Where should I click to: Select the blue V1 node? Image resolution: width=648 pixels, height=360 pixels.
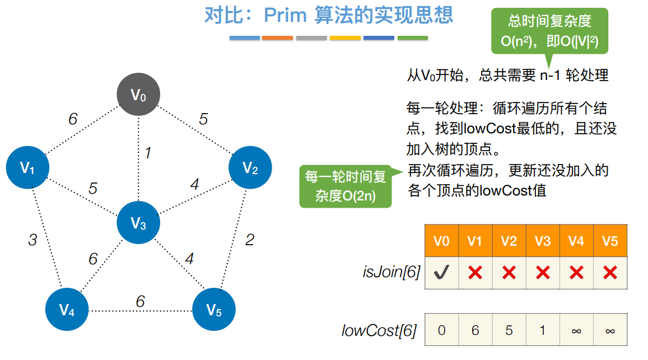(27, 167)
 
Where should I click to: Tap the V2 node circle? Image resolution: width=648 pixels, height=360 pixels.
(250, 167)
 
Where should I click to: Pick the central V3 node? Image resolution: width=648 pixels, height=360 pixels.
(138, 224)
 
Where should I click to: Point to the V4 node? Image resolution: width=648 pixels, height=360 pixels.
(67, 310)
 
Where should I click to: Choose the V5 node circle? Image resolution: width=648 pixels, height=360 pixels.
(214, 310)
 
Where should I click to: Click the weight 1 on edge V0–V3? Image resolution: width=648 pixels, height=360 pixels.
(147, 153)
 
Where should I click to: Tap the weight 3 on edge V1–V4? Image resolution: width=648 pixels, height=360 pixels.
(32, 240)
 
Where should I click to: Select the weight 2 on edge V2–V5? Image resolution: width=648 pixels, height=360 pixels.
(250, 240)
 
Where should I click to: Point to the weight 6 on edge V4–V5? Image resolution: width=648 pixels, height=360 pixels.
(140, 301)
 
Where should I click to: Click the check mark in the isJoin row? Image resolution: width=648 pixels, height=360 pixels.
(442, 273)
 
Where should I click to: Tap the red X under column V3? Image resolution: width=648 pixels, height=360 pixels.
(543, 273)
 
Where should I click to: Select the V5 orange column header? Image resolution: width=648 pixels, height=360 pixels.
(610, 241)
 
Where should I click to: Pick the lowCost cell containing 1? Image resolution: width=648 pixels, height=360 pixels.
(543, 330)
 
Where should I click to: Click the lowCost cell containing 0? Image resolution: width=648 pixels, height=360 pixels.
(442, 330)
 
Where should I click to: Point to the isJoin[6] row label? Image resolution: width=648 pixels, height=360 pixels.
(391, 273)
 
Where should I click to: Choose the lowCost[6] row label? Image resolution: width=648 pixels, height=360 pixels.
(379, 331)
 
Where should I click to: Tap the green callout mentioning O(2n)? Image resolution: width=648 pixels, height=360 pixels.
(346, 186)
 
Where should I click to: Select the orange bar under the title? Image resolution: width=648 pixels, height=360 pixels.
(277, 38)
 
